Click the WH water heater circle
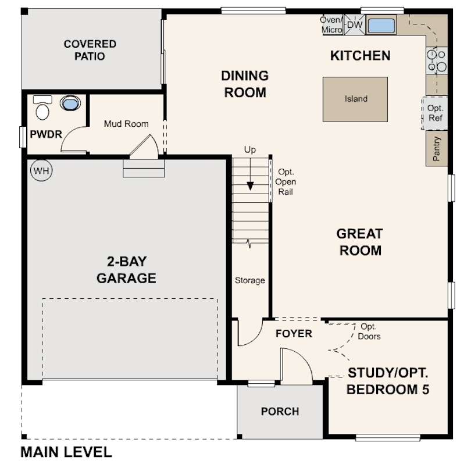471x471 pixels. [x=41, y=170]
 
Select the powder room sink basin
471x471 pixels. [x=70, y=103]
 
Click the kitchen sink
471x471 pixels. [x=381, y=25]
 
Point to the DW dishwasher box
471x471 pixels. [x=355, y=24]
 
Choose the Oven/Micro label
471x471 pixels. [x=331, y=24]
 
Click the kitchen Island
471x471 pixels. [x=355, y=99]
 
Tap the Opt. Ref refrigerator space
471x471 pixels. [x=435, y=113]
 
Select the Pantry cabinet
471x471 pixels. [x=437, y=148]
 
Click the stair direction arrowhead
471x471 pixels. [x=250, y=186]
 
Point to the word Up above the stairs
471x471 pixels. [x=250, y=149]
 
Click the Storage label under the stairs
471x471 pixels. [x=250, y=280]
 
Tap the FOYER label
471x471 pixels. [x=294, y=334]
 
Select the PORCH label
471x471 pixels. [x=280, y=411]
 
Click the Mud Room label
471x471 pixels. [x=126, y=124]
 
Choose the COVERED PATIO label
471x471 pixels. [x=90, y=50]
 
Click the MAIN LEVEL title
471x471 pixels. [x=66, y=452]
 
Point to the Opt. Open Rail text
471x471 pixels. [x=286, y=182]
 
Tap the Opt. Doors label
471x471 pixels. [x=369, y=331]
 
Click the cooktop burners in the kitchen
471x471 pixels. [x=437, y=60]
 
